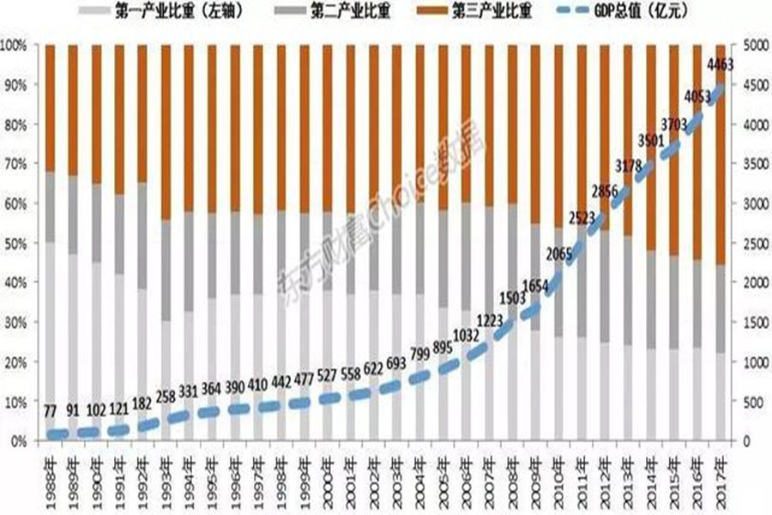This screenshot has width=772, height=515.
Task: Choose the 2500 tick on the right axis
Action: coord(746,244)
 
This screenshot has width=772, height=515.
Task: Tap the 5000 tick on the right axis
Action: coord(746,45)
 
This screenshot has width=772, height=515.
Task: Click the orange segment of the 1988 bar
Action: coord(51,107)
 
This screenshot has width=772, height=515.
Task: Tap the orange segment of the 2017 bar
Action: coord(721,154)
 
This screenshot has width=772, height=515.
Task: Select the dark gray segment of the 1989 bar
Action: coord(73,215)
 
